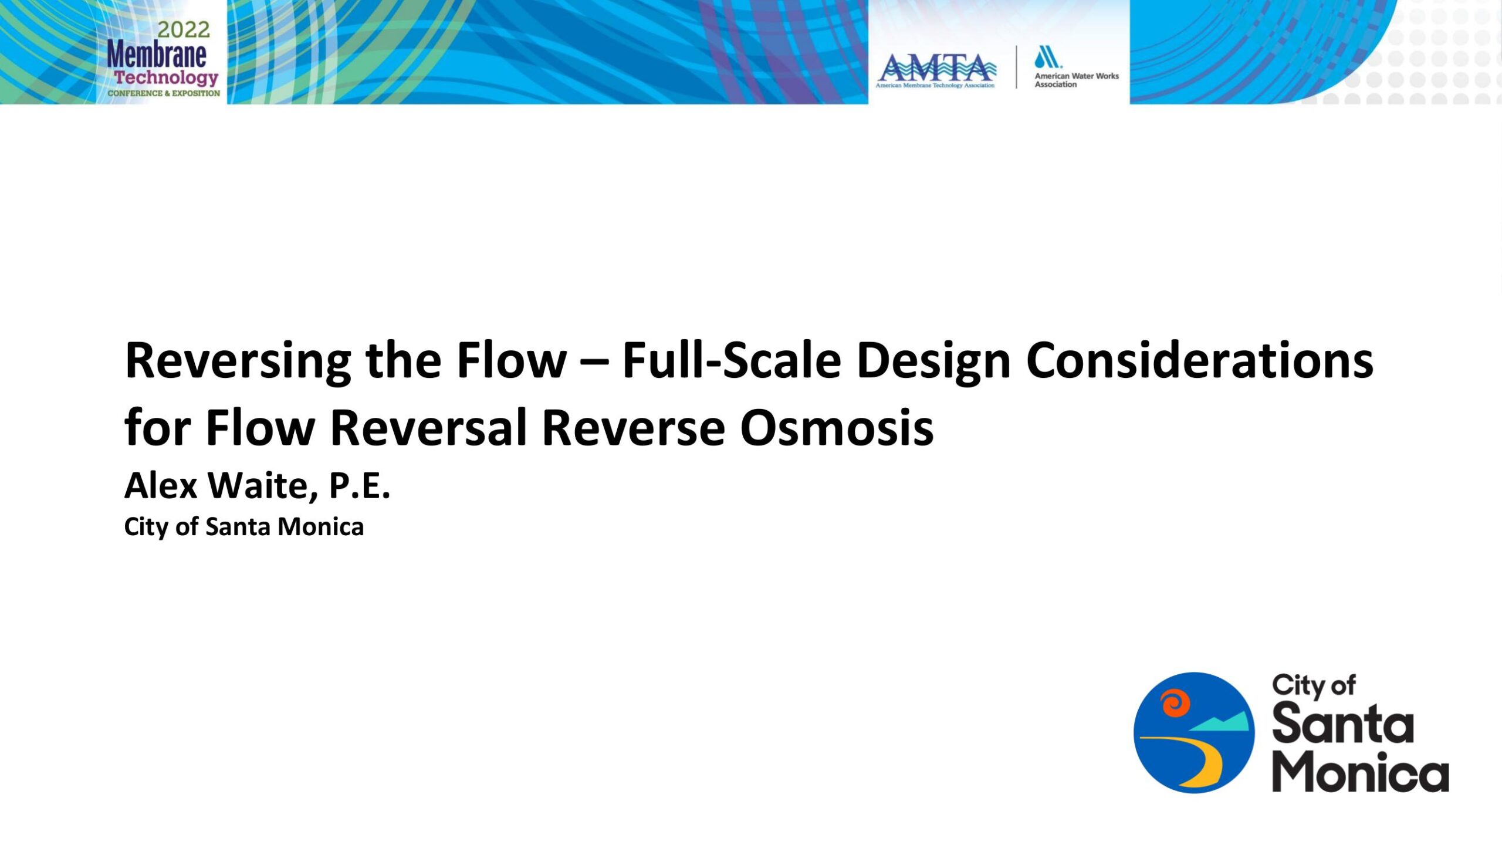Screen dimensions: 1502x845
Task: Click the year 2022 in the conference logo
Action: [184, 29]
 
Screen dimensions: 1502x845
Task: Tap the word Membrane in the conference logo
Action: [157, 55]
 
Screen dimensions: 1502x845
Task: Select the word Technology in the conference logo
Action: [166, 78]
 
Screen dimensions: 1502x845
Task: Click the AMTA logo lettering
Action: [936, 68]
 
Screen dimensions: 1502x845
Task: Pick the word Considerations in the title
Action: [1200, 360]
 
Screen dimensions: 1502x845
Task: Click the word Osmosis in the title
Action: [837, 427]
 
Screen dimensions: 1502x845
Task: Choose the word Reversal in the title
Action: [428, 427]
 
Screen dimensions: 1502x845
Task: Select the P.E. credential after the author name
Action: [360, 486]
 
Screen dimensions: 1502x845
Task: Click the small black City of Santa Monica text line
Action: [244, 527]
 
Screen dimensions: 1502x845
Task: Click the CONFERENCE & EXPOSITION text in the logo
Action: [164, 93]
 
